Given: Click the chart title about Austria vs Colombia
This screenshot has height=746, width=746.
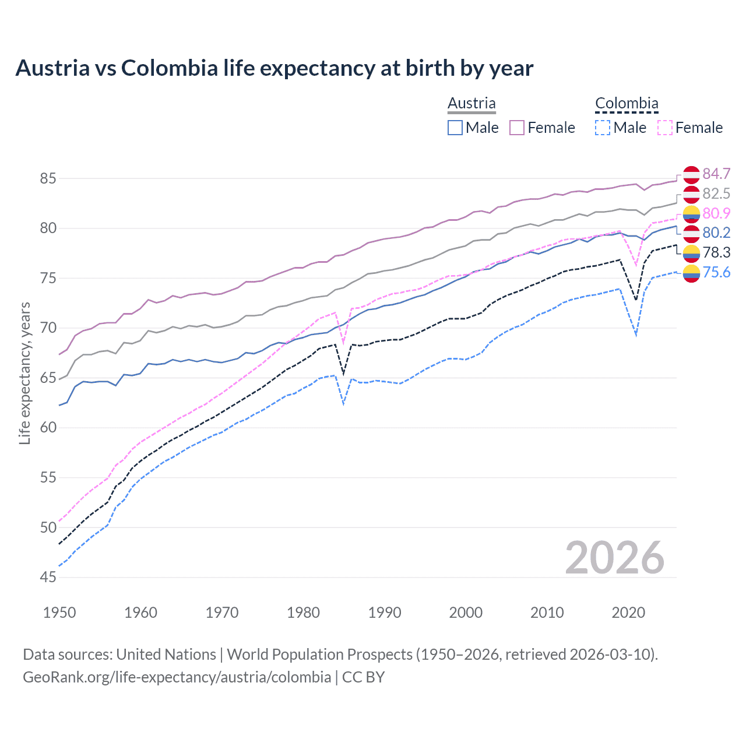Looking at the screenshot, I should pyautogui.click(x=274, y=68).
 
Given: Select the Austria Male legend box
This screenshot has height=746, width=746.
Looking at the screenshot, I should pyautogui.click(x=455, y=128).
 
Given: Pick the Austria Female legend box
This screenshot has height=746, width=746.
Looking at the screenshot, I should pyautogui.click(x=517, y=128).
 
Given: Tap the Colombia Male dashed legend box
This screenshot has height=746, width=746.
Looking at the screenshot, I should pyautogui.click(x=603, y=128).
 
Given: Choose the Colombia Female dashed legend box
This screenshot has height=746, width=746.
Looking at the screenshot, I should pyautogui.click(x=664, y=128).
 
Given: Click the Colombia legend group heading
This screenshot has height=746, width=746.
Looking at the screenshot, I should pyautogui.click(x=627, y=103).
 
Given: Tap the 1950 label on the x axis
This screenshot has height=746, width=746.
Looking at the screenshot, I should pyautogui.click(x=59, y=613).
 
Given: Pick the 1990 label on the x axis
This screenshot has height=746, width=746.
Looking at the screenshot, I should pyautogui.click(x=385, y=613).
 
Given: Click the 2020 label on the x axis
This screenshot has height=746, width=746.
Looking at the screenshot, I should pyautogui.click(x=628, y=613).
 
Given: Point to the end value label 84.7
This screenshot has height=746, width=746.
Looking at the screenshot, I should pyautogui.click(x=716, y=174).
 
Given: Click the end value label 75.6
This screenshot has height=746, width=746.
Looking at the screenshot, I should pyautogui.click(x=716, y=272).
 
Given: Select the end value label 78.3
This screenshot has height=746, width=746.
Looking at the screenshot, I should pyautogui.click(x=716, y=252).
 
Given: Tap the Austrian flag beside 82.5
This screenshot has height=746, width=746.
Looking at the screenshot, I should pyautogui.click(x=691, y=194).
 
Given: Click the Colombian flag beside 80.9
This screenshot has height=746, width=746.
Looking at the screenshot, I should pyautogui.click(x=691, y=214).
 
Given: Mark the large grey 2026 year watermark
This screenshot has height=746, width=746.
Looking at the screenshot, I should pyautogui.click(x=614, y=558).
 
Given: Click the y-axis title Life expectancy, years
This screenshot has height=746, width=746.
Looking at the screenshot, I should pyautogui.click(x=24, y=373).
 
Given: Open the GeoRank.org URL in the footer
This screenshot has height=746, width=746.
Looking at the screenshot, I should pyautogui.click(x=177, y=677).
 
